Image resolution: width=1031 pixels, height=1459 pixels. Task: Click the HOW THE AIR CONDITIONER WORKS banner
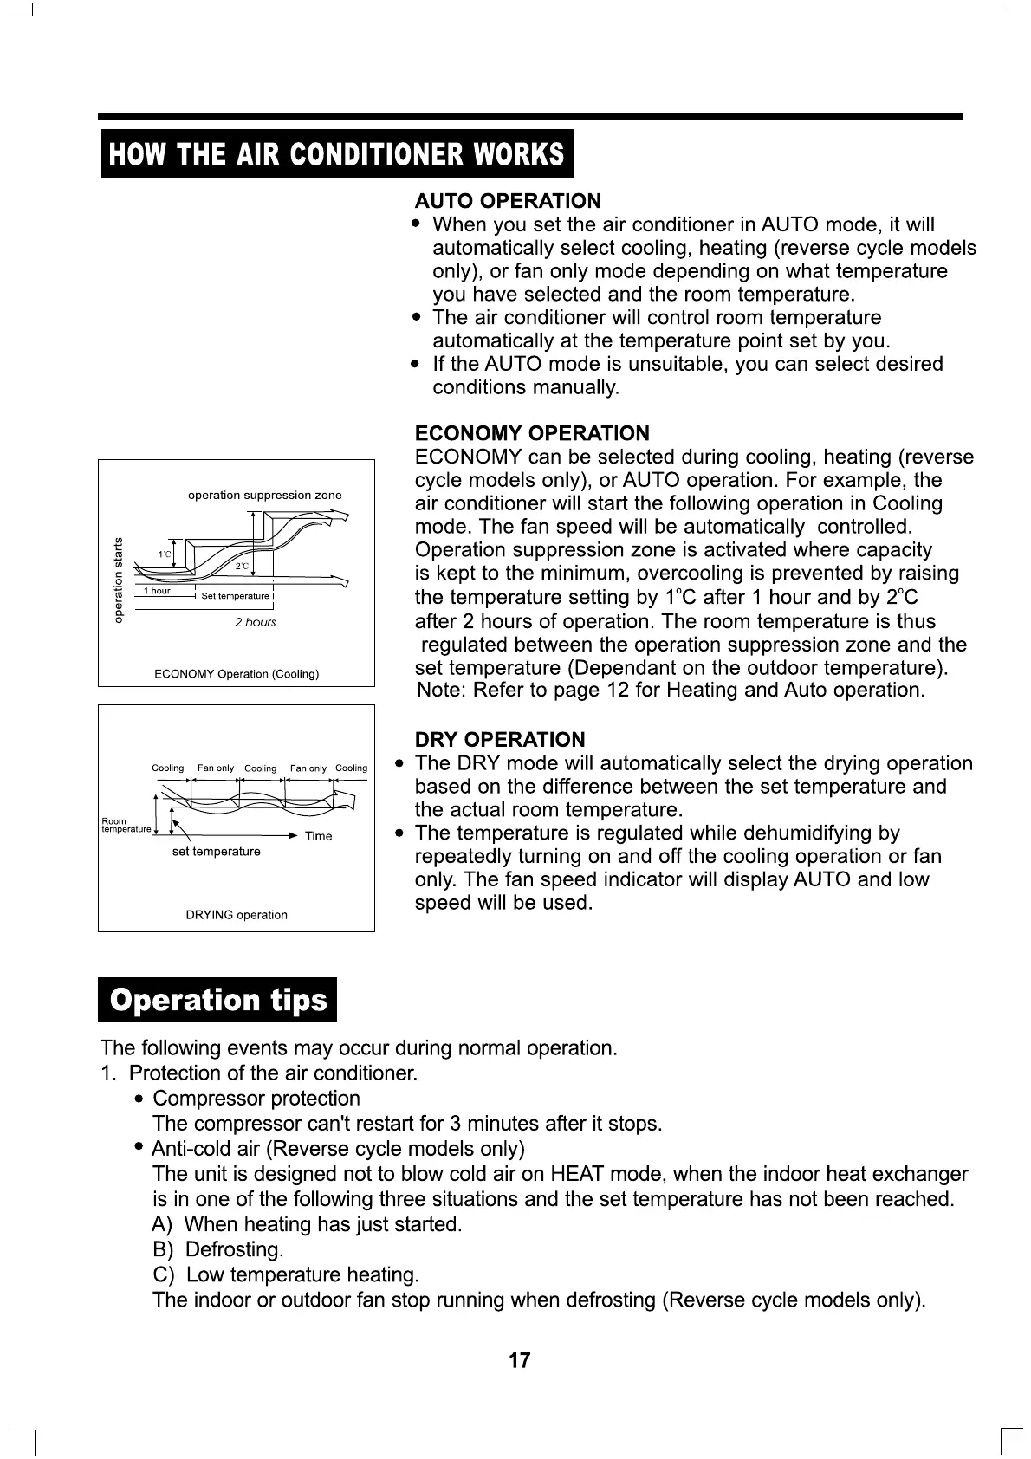pos(337,154)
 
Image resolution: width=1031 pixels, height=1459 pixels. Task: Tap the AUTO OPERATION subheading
pos(507,201)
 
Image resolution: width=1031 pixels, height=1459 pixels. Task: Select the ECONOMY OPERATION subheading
pos(532,433)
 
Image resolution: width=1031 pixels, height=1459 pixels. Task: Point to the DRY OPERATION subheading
pos(500,740)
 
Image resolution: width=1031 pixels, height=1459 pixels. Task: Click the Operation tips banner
pos(217,1000)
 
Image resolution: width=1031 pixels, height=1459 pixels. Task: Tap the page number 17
pos(519,1360)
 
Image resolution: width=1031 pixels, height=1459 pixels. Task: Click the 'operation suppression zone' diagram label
pos(264,496)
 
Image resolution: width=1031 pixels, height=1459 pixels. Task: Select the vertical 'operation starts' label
pos(120,580)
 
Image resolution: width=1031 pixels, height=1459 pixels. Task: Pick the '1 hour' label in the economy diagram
pos(157,591)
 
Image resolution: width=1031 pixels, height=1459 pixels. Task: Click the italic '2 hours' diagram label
pos(255,622)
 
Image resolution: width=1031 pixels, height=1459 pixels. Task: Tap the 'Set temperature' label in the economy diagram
pos(235,596)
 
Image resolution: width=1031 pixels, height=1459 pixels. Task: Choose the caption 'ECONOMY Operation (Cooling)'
pos(237,674)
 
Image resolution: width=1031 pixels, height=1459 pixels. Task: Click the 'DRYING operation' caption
pos(237,915)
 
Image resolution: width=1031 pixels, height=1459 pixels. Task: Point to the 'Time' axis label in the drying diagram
pos(318,836)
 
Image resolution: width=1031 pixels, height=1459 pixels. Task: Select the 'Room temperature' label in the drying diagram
pos(125,825)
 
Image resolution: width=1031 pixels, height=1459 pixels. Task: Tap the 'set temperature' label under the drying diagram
pos(216,852)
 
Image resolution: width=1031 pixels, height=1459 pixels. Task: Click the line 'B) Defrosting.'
pos(218,1249)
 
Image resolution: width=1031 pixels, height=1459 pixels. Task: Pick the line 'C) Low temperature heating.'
pos(286,1274)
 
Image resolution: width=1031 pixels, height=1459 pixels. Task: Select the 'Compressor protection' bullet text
pos(256,1099)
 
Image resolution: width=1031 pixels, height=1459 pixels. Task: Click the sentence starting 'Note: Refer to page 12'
pos(671,691)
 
